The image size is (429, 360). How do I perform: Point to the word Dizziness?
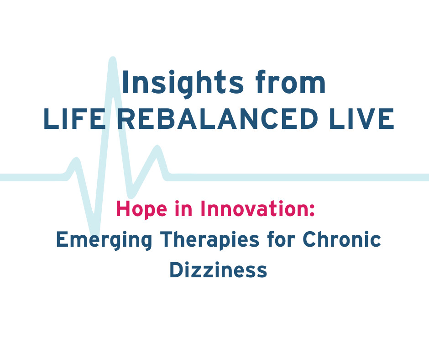point(218,270)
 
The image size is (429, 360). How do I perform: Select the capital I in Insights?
point(125,83)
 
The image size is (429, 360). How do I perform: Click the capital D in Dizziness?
point(176,270)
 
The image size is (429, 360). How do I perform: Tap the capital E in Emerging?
point(61,240)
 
